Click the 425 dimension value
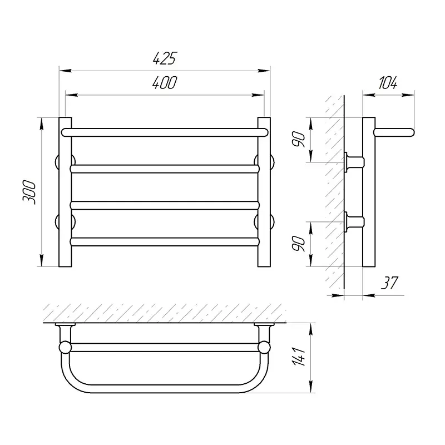point(165,58)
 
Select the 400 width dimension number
point(165,82)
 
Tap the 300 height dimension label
point(29,192)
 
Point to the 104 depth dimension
point(388,82)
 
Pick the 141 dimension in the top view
point(299,356)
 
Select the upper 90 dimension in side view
point(299,139)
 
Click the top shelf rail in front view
point(165,132)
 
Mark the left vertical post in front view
point(65,192)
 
